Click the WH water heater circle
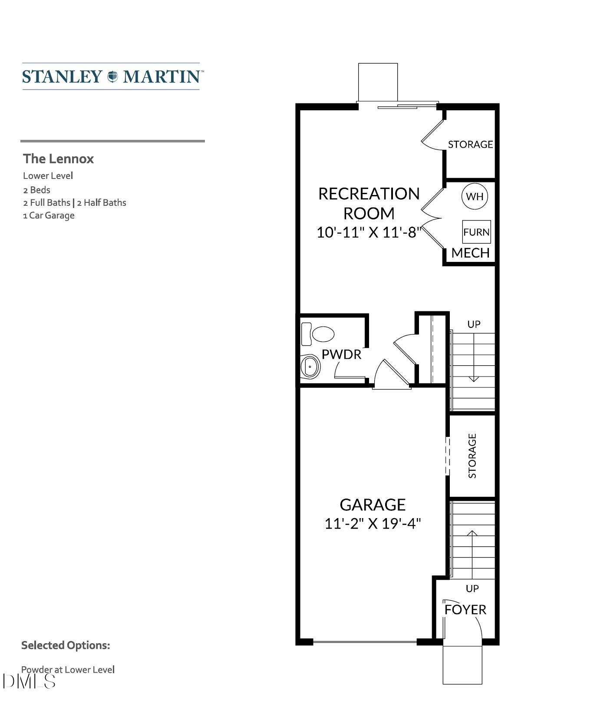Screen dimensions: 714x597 pyautogui.click(x=474, y=196)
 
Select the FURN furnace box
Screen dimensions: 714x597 pyautogui.click(x=476, y=232)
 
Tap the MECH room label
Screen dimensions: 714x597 pyautogui.click(x=470, y=253)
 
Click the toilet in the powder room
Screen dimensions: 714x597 pyautogui.click(x=318, y=334)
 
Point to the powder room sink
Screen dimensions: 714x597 pyautogui.click(x=310, y=367)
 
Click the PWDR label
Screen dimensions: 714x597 pyautogui.click(x=341, y=354)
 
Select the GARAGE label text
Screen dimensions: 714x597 pyautogui.click(x=373, y=504)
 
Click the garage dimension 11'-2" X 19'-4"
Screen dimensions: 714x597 pyautogui.click(x=373, y=523)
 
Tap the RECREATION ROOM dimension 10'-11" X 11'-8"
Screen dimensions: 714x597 pyautogui.click(x=369, y=232)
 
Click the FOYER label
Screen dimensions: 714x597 pyautogui.click(x=465, y=609)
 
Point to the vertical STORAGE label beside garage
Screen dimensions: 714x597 pyautogui.click(x=472, y=456)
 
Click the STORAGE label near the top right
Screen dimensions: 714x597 pyautogui.click(x=470, y=144)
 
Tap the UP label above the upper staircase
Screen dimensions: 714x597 pyautogui.click(x=474, y=324)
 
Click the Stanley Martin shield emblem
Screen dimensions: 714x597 pyautogui.click(x=112, y=76)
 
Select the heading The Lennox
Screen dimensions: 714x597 pyautogui.click(x=58, y=159)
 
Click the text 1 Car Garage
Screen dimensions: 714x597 pyautogui.click(x=49, y=215)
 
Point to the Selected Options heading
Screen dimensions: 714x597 pyautogui.click(x=66, y=645)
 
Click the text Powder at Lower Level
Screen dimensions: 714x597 pyautogui.click(x=68, y=669)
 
